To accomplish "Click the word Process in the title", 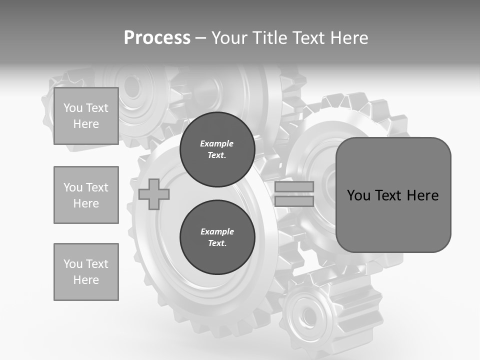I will pyautogui.click(x=157, y=38).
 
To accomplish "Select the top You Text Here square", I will pyautogui.click(x=86, y=116).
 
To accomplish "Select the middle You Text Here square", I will pyautogui.click(x=86, y=195).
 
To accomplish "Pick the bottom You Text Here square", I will pyautogui.click(x=86, y=272).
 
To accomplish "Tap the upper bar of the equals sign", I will pyautogui.click(x=294, y=187).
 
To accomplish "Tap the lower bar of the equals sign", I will pyautogui.click(x=294, y=201).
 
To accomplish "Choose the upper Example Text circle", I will pyautogui.click(x=217, y=149).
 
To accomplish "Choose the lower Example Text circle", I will pyautogui.click(x=217, y=237).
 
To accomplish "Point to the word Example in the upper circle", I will pyautogui.click(x=217, y=143).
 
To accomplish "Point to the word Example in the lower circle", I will pyautogui.click(x=217, y=231).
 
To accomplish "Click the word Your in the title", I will pyautogui.click(x=228, y=38).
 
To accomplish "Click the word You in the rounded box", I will pyautogui.click(x=358, y=195).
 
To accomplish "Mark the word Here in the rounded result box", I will pyautogui.click(x=422, y=195).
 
